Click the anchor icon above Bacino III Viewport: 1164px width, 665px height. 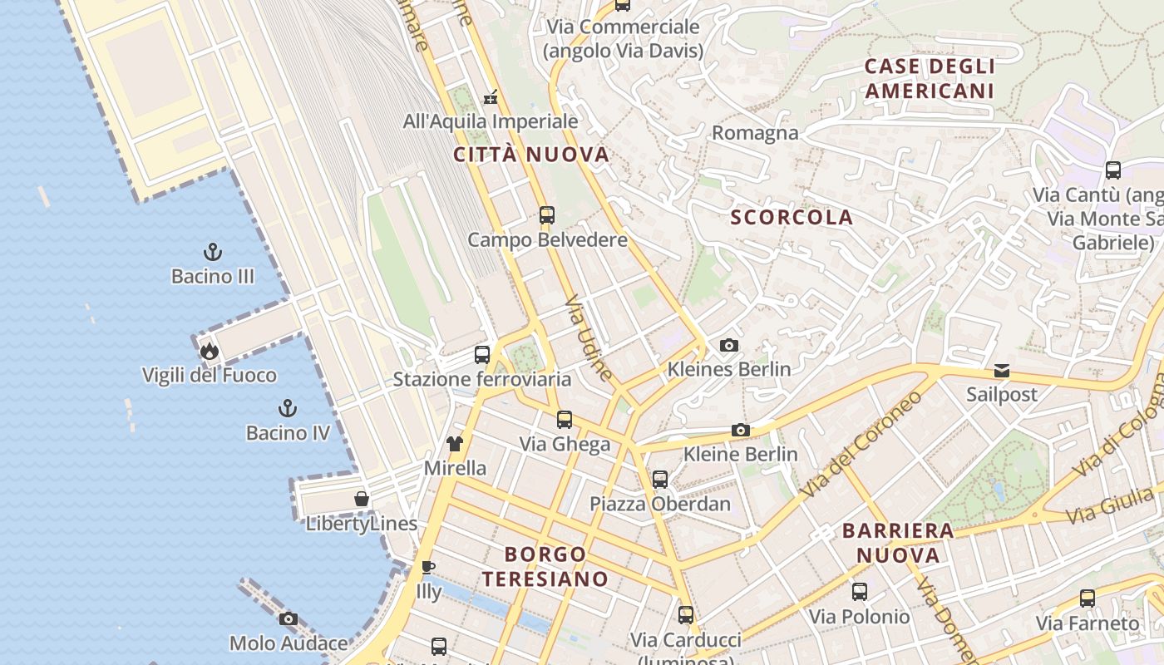(x=213, y=251)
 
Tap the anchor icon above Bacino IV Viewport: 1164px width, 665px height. (x=288, y=408)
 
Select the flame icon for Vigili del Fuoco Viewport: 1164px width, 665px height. (x=209, y=351)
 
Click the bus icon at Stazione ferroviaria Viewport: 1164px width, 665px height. (x=482, y=355)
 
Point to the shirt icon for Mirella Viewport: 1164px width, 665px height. (x=455, y=444)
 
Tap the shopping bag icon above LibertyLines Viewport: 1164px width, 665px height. (x=362, y=499)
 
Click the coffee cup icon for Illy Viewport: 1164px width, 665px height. (x=428, y=568)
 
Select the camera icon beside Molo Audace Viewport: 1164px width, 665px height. (x=289, y=618)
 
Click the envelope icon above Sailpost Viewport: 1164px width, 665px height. (x=1002, y=370)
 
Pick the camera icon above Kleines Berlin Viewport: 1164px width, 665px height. (x=729, y=345)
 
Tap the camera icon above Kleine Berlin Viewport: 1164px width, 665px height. (x=741, y=430)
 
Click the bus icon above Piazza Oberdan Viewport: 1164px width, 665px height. (x=660, y=479)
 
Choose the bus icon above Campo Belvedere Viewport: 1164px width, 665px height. (x=547, y=215)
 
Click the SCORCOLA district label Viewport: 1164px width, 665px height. (x=792, y=218)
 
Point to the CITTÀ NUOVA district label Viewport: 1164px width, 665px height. (x=532, y=155)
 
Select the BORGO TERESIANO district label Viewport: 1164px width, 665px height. (x=545, y=566)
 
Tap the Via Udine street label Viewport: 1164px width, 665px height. (x=589, y=337)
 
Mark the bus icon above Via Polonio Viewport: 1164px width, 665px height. (x=860, y=592)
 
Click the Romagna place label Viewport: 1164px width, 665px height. (x=755, y=133)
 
